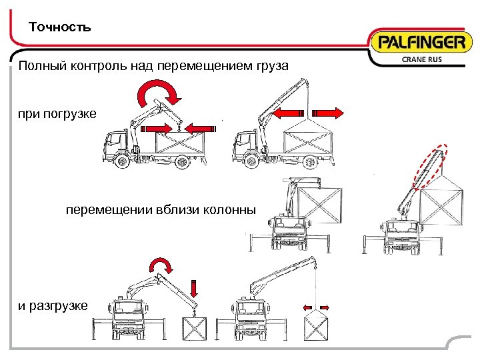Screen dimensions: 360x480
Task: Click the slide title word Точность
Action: tap(60, 28)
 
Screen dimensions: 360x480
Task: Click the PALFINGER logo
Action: tap(421, 44)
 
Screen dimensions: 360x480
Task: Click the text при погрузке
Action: tap(57, 114)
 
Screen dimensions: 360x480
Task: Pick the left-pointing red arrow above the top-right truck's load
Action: tap(288, 112)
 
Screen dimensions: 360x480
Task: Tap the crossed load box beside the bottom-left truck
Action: tap(195, 329)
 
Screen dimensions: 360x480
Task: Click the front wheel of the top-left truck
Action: tap(121, 161)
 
